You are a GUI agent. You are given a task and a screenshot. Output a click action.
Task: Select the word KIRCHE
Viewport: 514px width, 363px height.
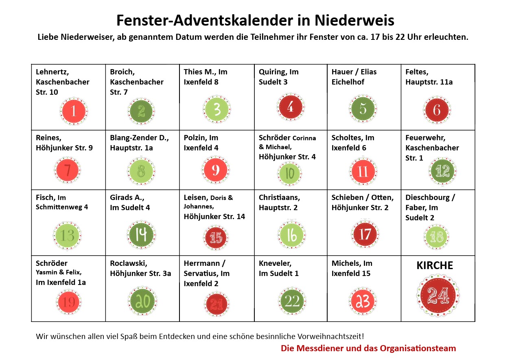click(x=435, y=265)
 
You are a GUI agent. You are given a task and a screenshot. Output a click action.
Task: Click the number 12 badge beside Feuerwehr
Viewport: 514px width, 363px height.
click(x=442, y=171)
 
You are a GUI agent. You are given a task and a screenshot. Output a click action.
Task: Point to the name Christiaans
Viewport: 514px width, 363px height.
click(x=279, y=198)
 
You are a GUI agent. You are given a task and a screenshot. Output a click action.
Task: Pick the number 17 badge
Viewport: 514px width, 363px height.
click(x=365, y=234)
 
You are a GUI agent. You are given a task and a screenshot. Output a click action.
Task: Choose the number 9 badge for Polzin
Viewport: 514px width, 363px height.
click(x=216, y=169)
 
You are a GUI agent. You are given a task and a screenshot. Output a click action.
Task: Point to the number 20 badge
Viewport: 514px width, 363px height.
click(x=142, y=301)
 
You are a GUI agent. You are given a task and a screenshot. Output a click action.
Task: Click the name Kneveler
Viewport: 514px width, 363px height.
click(x=275, y=263)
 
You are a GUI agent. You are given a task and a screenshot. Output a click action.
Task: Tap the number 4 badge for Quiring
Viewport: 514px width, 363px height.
click(x=291, y=107)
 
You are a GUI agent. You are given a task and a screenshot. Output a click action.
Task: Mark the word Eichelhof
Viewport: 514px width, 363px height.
click(x=348, y=82)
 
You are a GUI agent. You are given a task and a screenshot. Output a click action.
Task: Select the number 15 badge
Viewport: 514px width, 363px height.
click(x=216, y=237)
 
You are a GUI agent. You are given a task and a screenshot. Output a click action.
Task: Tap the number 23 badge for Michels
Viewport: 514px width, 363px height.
click(x=363, y=301)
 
